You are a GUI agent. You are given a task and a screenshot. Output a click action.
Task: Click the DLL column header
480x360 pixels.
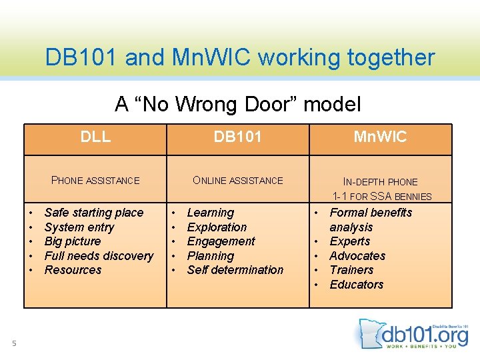[95, 137]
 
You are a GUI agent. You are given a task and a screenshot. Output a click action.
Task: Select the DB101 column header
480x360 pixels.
[237, 137]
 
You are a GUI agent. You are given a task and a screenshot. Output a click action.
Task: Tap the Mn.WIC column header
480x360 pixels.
[380, 137]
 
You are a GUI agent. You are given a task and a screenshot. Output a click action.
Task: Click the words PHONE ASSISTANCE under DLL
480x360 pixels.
[95, 180]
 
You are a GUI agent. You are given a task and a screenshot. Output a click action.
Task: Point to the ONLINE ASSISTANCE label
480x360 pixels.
[237, 180]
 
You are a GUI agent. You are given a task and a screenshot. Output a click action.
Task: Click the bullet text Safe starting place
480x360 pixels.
[93, 213]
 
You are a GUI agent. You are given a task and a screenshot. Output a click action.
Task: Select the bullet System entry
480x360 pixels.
[79, 227]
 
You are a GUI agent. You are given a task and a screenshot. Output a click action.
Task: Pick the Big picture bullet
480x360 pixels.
[72, 241]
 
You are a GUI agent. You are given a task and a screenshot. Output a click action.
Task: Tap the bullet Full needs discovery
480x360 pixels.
[99, 256]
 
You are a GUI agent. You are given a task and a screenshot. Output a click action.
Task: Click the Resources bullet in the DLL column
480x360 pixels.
[73, 270]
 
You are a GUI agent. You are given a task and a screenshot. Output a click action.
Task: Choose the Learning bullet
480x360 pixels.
[210, 213]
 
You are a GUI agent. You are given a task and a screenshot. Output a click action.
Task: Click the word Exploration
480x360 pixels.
[217, 227]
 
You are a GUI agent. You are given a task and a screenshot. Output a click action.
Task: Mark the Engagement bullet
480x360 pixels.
[221, 241]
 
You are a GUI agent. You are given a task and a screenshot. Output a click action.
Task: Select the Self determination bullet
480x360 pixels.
[235, 270]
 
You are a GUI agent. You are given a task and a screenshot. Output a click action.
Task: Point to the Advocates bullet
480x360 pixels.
[357, 256]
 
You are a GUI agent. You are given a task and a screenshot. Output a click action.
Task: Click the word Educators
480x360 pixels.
[356, 285]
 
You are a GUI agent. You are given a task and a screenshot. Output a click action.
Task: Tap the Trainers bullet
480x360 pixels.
[351, 270]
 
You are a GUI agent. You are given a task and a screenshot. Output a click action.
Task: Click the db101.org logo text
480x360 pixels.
[427, 333]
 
